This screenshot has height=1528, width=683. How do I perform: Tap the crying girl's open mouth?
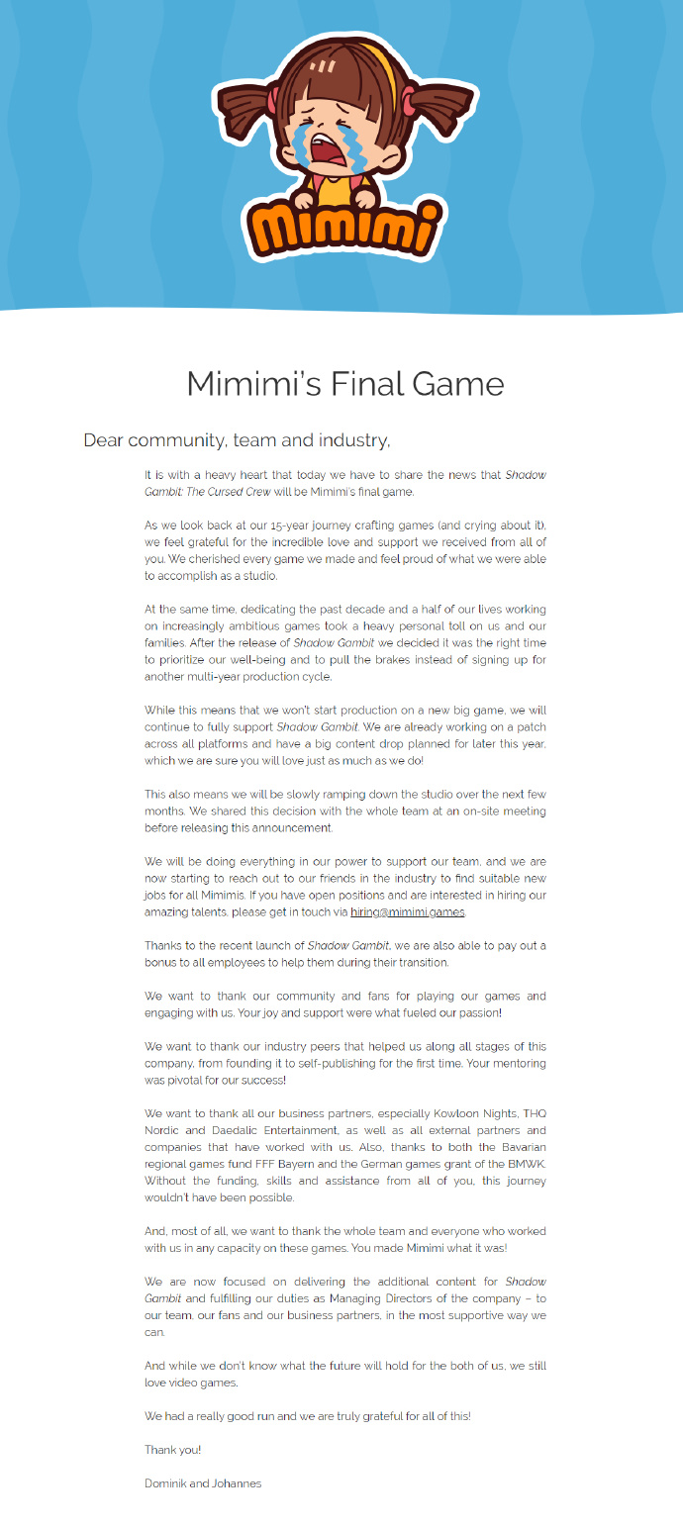point(327,150)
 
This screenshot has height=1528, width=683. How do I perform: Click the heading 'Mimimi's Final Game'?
point(345,383)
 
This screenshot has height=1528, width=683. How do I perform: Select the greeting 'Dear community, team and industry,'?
point(237,440)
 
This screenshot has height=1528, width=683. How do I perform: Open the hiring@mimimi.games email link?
point(408,911)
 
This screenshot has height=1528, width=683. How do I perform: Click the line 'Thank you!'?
point(172,1450)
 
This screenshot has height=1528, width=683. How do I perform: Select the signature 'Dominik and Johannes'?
point(203,1483)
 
